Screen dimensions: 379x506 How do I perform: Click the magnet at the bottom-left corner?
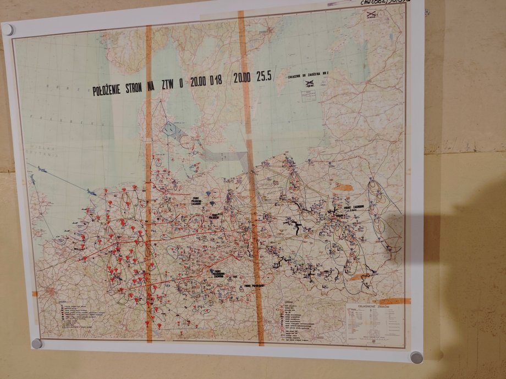click(36, 343)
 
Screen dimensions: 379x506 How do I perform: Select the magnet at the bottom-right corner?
click(416, 357)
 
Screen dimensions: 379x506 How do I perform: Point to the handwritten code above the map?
click(392, 3)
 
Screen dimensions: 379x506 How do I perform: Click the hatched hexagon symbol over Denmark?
click(169, 129)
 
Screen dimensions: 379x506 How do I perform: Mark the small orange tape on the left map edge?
click(35, 294)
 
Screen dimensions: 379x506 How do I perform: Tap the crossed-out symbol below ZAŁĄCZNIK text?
click(309, 84)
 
